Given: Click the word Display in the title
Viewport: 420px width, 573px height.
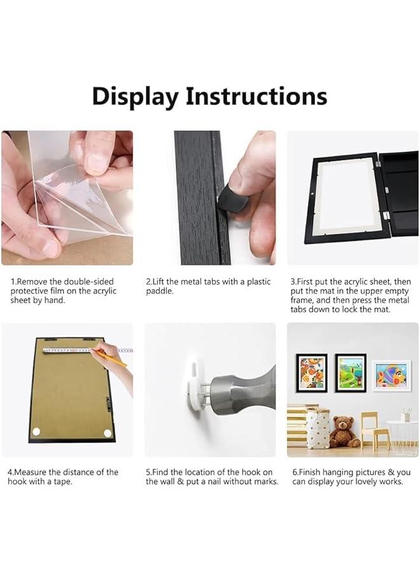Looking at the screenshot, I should [136, 96].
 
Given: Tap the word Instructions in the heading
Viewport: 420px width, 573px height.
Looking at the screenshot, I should [256, 96].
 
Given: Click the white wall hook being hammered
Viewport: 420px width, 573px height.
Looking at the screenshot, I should [198, 386].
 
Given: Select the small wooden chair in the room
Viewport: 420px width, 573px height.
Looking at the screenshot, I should [374, 430].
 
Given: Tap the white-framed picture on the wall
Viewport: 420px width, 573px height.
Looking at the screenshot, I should [391, 375].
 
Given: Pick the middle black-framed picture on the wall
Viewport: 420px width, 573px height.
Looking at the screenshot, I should [351, 372].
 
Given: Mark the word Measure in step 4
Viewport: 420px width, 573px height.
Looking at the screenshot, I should [31, 472].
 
